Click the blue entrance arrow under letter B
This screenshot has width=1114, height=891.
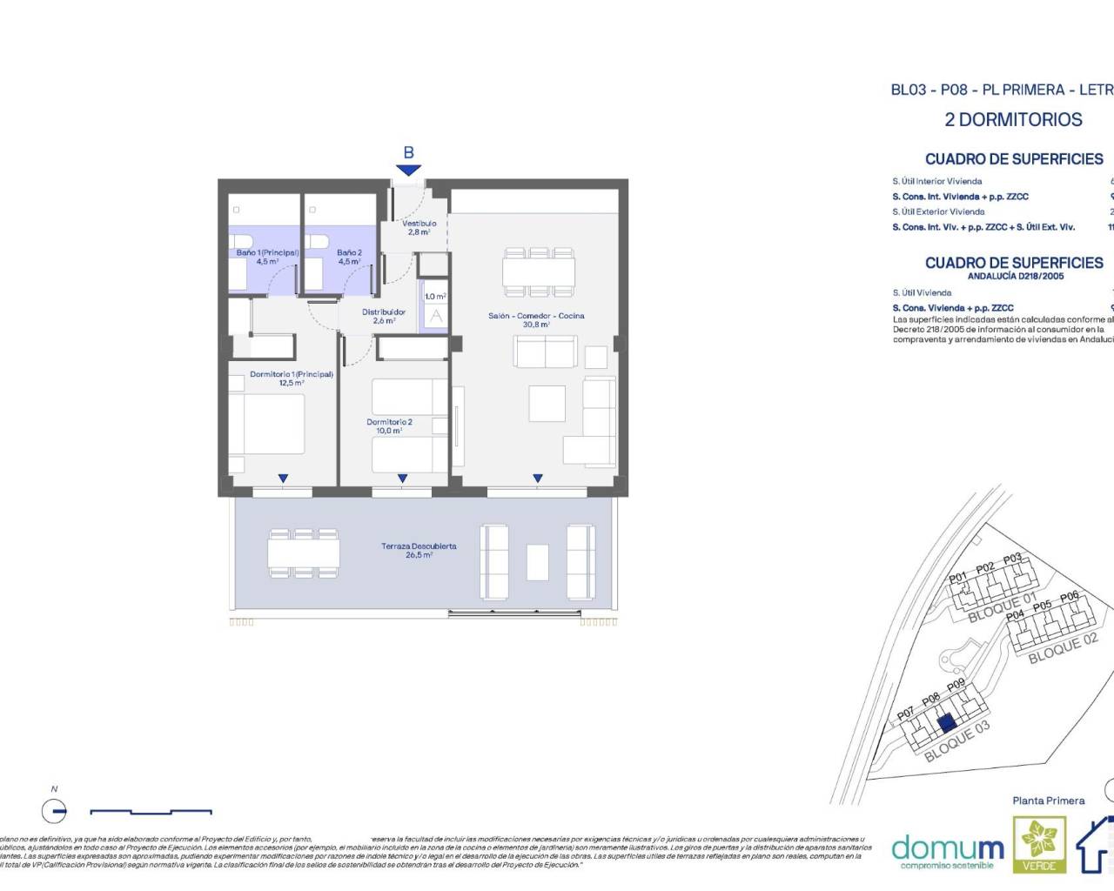point(408,171)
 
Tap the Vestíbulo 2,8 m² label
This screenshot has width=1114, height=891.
point(419,228)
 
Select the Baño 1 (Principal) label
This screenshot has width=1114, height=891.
point(267,257)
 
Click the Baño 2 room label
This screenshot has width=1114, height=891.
point(349,257)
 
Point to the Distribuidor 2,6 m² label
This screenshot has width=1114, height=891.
point(384,316)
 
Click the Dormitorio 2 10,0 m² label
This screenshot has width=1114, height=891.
point(389,426)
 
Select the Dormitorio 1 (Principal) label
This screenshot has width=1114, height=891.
point(291,379)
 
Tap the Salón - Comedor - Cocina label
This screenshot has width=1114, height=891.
point(536,320)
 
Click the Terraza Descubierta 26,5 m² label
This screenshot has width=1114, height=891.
point(419,551)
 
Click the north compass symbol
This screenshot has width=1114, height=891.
point(54,811)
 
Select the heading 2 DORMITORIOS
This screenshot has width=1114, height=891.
point(1013,120)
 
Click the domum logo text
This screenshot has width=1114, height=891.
point(948,847)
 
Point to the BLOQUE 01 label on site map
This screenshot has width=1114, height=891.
point(1003,608)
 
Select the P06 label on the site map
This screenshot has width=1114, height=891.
point(1070,597)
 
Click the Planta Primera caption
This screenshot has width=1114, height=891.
point(1049,801)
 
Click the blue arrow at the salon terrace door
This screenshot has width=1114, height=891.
point(538,478)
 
